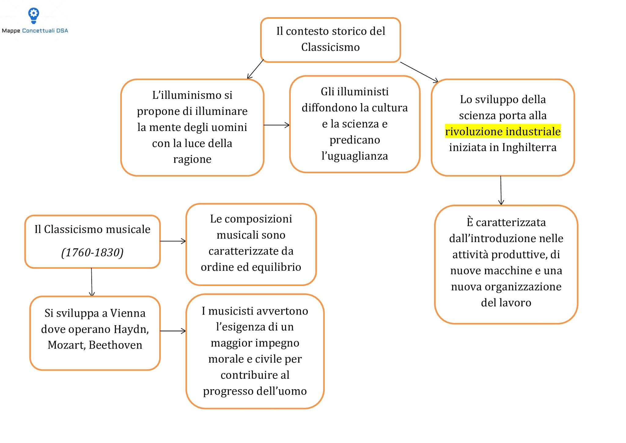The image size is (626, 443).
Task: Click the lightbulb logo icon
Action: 34,15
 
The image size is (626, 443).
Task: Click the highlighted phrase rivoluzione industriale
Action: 503,132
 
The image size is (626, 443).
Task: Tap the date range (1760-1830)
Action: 92,253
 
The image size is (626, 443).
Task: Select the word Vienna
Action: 128,313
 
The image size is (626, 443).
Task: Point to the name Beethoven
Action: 116,345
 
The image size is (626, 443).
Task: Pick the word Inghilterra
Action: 529,147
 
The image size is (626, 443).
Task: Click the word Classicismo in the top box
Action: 330,47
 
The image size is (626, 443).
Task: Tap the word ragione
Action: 192,159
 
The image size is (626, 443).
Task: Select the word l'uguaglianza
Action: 355,156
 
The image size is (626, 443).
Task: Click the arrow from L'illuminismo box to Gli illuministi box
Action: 276,125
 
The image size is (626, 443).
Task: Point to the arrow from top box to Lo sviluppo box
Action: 419,72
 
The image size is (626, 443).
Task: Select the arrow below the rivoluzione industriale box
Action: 501,190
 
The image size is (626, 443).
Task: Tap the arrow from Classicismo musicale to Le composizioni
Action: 173,241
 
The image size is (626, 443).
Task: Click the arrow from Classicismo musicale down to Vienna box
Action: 92,282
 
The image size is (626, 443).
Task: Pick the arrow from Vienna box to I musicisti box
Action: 173,331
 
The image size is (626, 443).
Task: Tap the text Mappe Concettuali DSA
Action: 35,31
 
